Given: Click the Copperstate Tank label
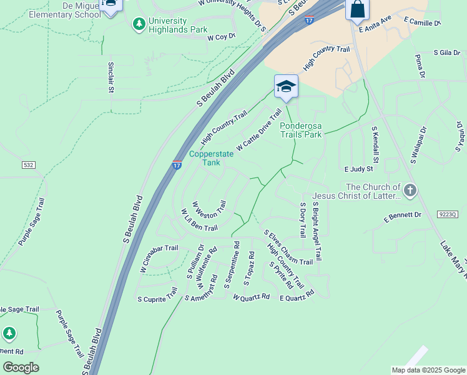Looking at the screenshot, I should [211, 157].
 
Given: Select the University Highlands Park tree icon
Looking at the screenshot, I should [139, 24].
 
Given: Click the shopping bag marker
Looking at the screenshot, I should [358, 9].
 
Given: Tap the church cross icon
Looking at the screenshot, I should [410, 191].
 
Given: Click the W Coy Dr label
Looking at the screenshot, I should [221, 37].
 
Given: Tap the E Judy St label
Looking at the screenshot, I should [358, 169].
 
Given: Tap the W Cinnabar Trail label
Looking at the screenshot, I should [159, 259].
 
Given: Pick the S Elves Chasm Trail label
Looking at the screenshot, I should [288, 248].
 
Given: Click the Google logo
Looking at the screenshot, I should [21, 367].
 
